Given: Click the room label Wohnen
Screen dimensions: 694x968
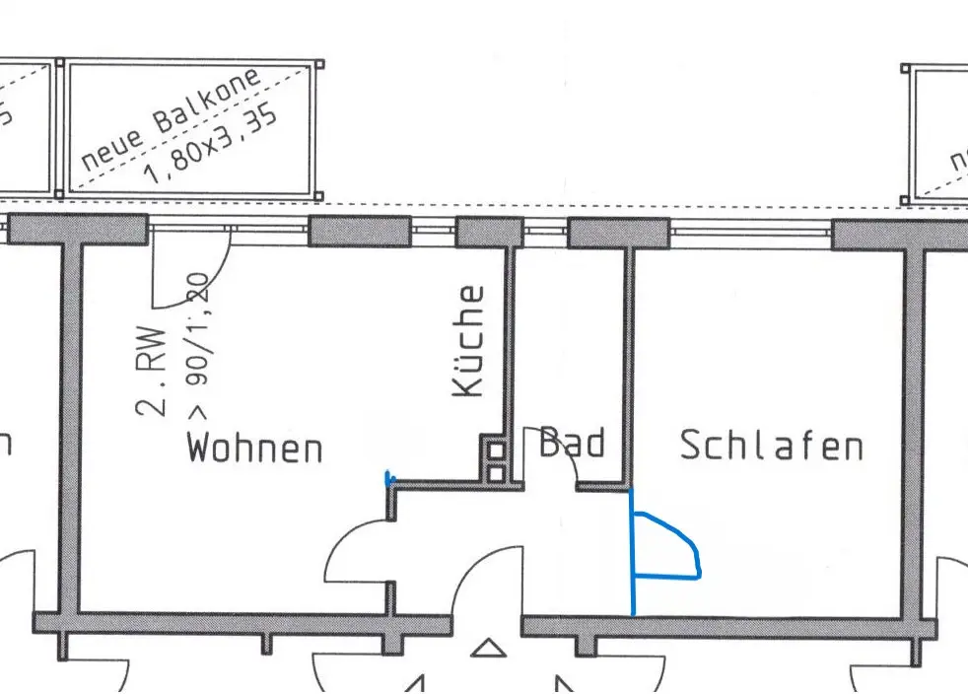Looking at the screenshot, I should click(255, 449).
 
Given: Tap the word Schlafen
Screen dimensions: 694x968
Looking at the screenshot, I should click(771, 446).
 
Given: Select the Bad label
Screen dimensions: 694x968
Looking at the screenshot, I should click(572, 444).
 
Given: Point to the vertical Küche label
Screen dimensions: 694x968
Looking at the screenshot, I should click(469, 341).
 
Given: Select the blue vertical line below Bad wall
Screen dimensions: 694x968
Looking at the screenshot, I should click(632, 552).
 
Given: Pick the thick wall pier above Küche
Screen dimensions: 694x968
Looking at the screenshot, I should click(489, 233).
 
